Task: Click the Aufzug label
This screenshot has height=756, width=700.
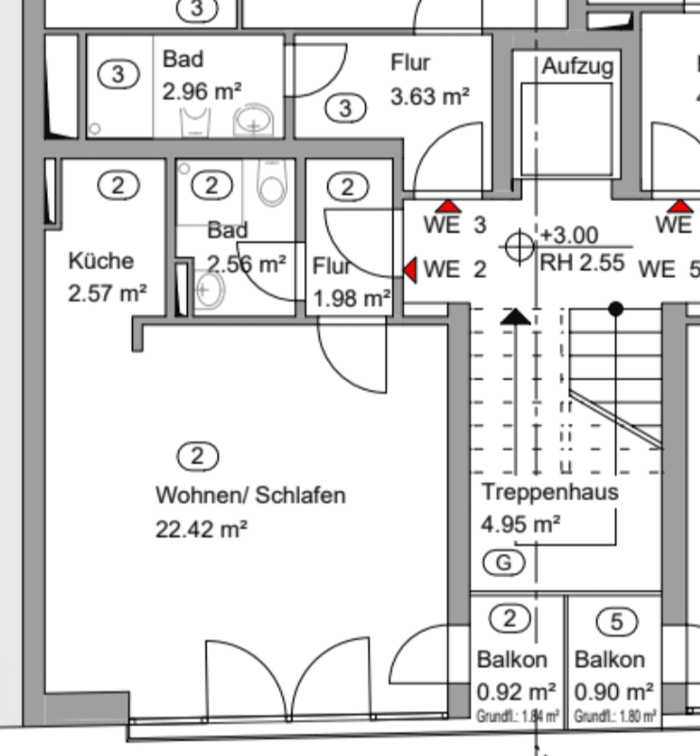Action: [x=577, y=67]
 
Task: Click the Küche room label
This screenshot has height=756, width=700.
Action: [x=101, y=261]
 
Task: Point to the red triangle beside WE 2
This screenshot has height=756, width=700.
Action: [x=410, y=270]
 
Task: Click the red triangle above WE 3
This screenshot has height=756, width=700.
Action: [x=447, y=205]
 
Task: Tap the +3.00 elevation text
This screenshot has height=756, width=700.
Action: [x=568, y=235]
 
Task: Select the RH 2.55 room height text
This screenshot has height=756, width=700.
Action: [x=581, y=263]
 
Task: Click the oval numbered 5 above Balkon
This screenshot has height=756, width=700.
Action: [x=617, y=622]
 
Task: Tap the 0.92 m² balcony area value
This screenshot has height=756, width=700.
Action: [x=516, y=690]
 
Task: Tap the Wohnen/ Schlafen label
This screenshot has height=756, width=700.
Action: [x=250, y=494]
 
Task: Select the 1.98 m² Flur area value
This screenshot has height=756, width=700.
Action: [x=352, y=300]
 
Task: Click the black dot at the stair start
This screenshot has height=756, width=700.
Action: [x=616, y=308]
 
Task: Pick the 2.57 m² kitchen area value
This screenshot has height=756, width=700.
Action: [x=107, y=293]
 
